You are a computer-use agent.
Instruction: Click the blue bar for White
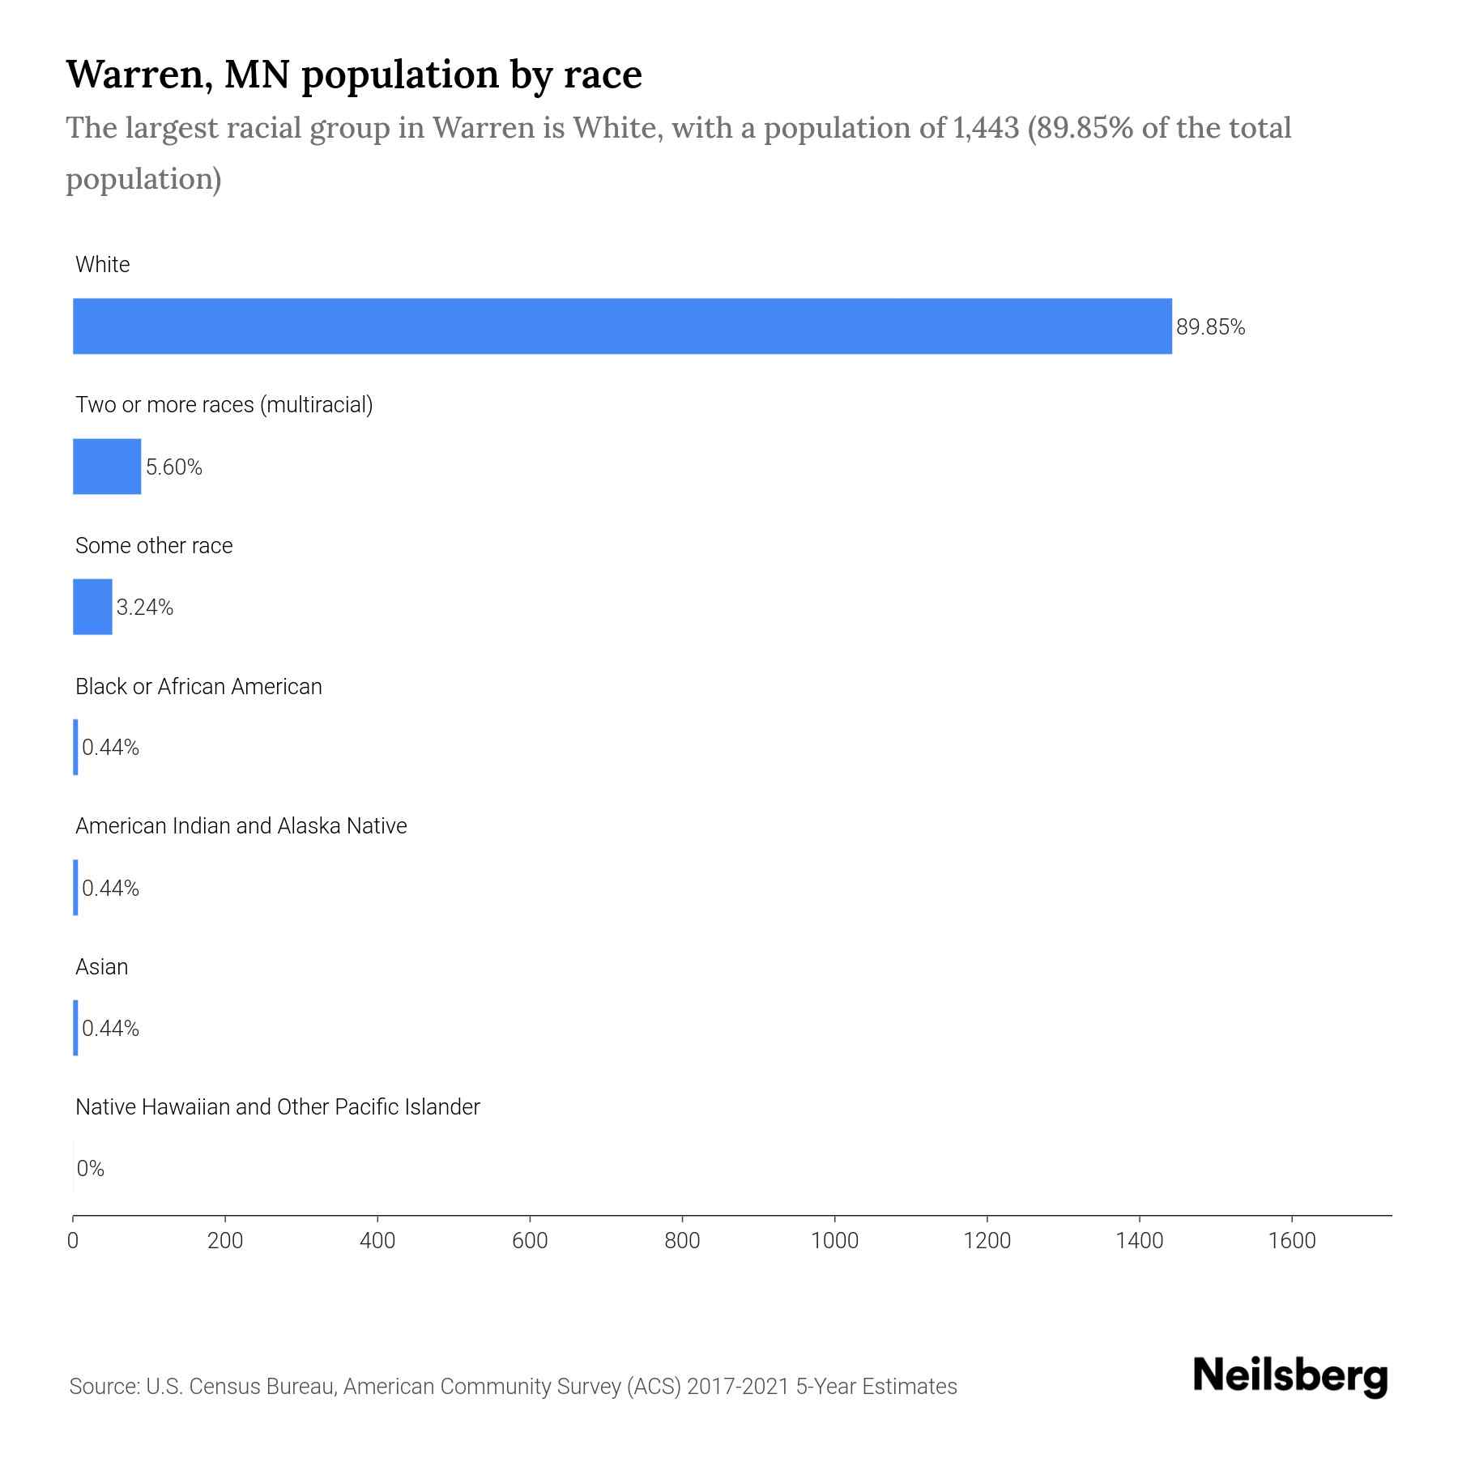[622, 326]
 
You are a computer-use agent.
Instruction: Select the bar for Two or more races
[107, 467]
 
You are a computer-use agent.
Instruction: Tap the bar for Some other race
[92, 607]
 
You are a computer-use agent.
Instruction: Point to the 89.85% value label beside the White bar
[1210, 327]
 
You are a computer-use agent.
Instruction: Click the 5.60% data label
[174, 467]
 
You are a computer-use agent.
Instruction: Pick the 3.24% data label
[145, 607]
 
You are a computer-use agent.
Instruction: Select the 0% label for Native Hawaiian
[91, 1168]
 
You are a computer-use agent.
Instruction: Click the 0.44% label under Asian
[111, 1028]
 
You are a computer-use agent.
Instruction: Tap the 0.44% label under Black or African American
[111, 748]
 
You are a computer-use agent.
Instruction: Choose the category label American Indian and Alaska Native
[241, 826]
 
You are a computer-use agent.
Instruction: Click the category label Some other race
[154, 546]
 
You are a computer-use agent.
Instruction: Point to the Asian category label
[102, 966]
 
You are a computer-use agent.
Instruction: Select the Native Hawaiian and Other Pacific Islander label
[277, 1106]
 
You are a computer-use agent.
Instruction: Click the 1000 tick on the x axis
[834, 1241]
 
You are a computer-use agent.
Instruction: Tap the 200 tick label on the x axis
[225, 1241]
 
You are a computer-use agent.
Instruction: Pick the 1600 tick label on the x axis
[1292, 1241]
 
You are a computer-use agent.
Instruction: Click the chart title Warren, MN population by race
[354, 75]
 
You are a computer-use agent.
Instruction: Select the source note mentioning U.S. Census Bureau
[513, 1387]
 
